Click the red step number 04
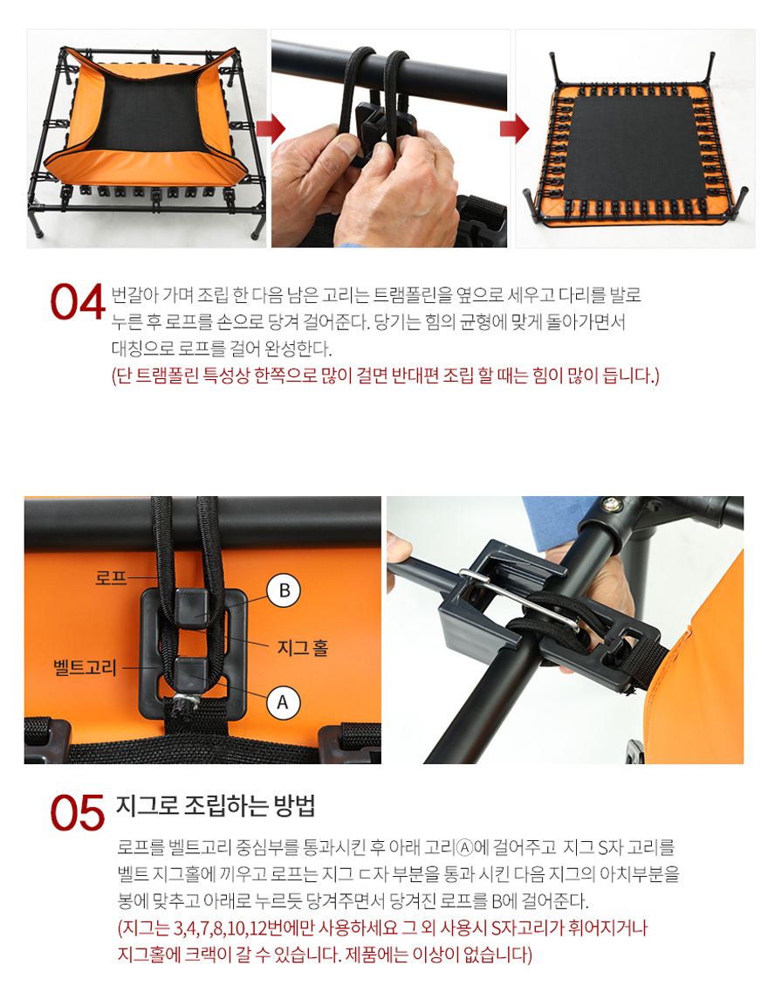click(77, 301)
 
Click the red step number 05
click(77, 812)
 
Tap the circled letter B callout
click(284, 590)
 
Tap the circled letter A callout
click(283, 703)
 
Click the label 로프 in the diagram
click(111, 578)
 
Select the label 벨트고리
click(85, 668)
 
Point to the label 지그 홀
click(303, 648)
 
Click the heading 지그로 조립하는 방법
click(216, 806)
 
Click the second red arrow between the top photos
click(514, 129)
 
